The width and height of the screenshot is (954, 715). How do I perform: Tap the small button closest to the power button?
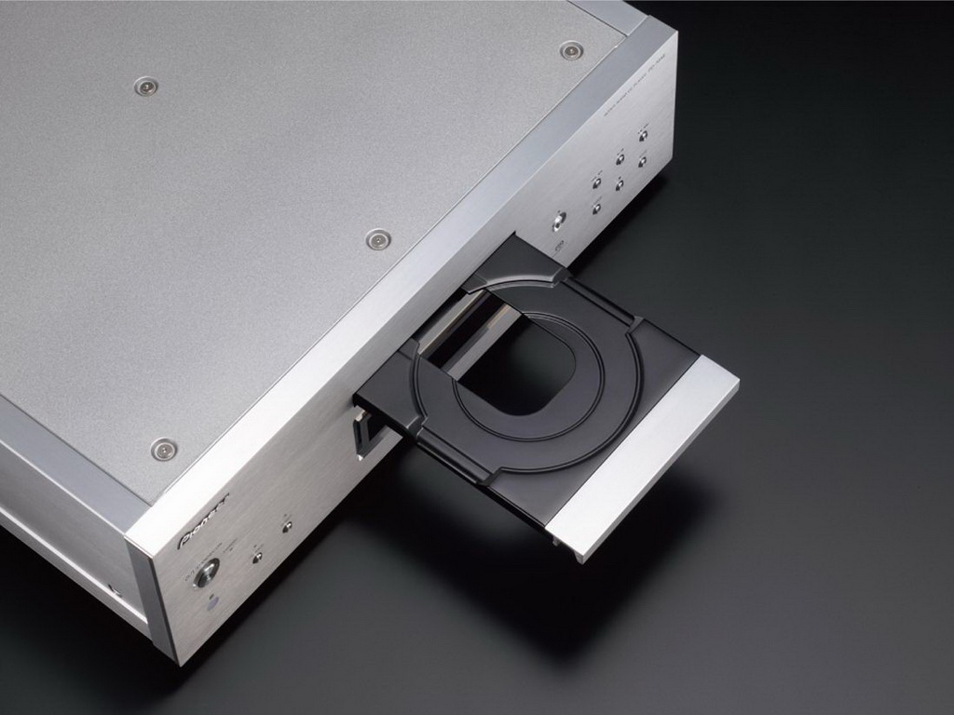click(256, 558)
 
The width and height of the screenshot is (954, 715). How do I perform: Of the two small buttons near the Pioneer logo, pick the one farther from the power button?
click(287, 526)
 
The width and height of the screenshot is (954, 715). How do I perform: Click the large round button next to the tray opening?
click(558, 221)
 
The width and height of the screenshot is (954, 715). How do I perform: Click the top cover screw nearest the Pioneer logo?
click(164, 449)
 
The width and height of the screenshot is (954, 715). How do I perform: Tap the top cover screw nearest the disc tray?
click(377, 239)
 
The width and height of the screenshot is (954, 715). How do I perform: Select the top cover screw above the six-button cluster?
click(570, 50)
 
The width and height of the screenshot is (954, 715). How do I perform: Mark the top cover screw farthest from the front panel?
click(145, 87)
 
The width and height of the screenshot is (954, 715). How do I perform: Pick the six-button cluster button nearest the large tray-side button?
click(596, 209)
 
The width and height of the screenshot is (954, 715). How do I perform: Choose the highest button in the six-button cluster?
click(643, 135)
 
